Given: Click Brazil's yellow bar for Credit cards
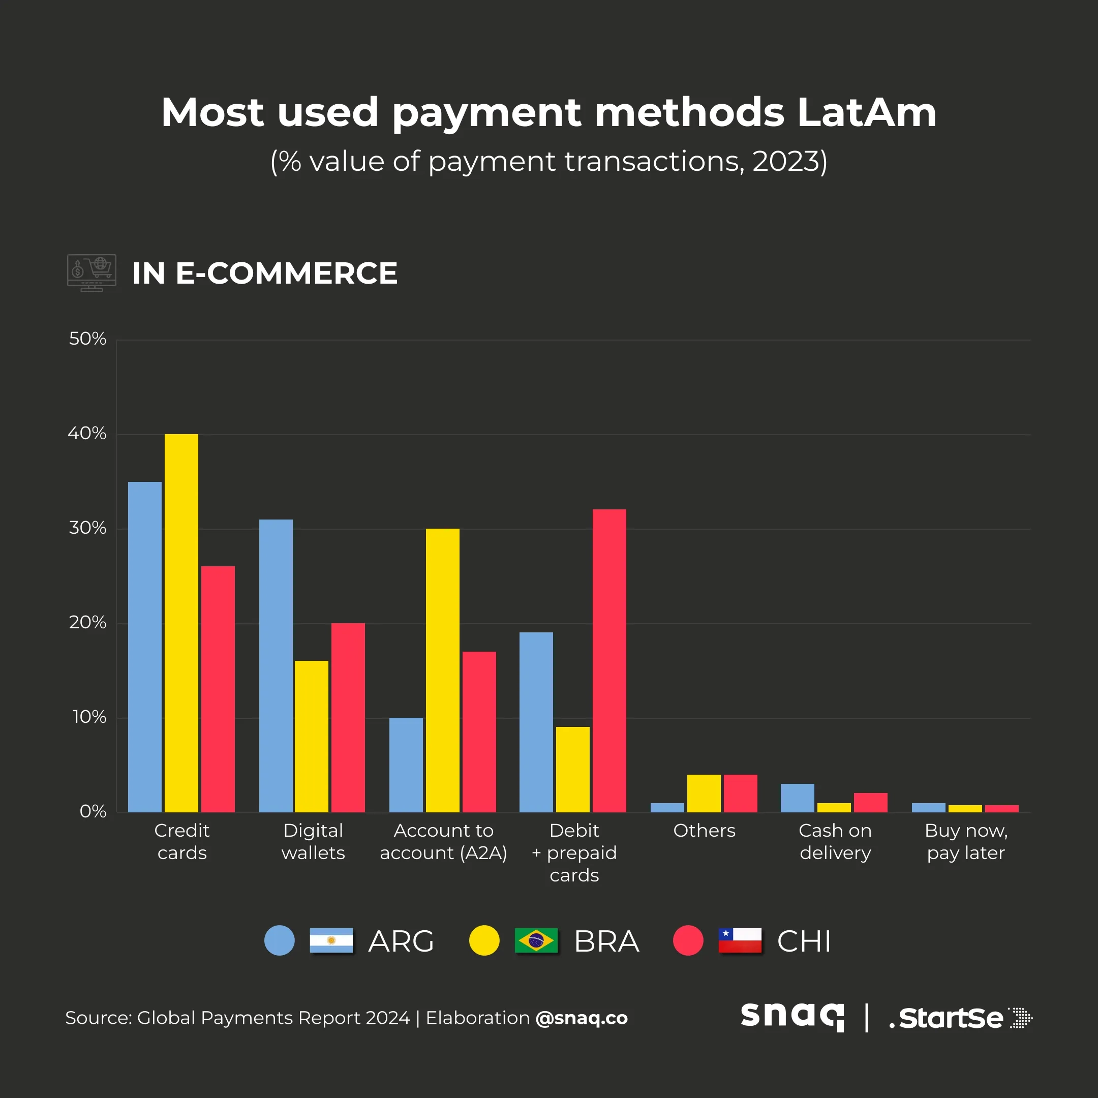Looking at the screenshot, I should tap(181, 623).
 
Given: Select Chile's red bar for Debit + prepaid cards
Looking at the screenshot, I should tap(609, 660).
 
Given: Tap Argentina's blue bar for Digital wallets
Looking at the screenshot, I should tap(276, 665).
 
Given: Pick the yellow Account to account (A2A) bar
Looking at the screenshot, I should tap(443, 670).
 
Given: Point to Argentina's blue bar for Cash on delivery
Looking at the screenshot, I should tap(798, 798).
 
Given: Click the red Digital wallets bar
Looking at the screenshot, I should tap(348, 717).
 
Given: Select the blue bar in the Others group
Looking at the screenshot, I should tap(667, 808).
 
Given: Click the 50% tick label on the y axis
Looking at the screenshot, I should tap(87, 339).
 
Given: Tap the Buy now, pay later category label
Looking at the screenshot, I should tap(966, 842).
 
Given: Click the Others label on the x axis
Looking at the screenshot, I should tap(704, 831).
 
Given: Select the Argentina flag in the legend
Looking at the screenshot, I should tap(331, 940).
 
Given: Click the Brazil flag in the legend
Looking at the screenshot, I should tap(536, 940).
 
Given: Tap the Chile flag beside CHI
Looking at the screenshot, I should tap(740, 940).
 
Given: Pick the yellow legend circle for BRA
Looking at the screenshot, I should tap(484, 940).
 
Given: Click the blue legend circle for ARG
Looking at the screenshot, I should tap(280, 940).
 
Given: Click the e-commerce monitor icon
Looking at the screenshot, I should tap(91, 273).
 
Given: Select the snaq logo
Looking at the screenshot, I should tap(792, 1017).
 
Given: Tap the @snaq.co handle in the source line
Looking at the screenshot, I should tap(582, 1018).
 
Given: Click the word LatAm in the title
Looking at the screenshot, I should tap(866, 112).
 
